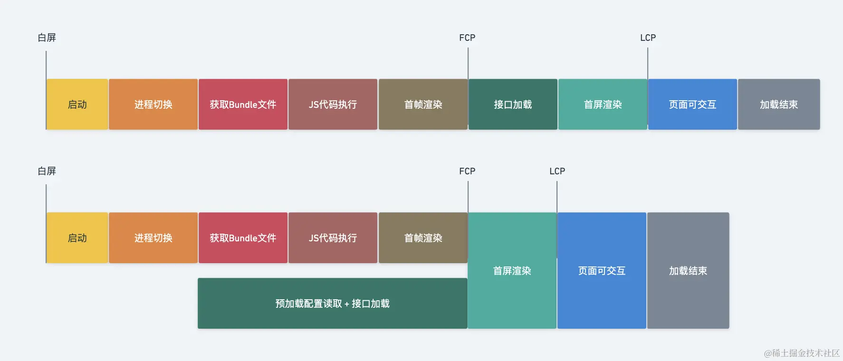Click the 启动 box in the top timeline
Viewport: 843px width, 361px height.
pyautogui.click(x=77, y=104)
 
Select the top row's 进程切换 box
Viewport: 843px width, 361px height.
pyautogui.click(x=153, y=104)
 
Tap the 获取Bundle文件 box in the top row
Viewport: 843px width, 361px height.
pyautogui.click(x=243, y=104)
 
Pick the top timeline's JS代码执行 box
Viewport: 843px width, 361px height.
pyautogui.click(x=333, y=104)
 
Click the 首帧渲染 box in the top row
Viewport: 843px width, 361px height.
pyautogui.click(x=423, y=104)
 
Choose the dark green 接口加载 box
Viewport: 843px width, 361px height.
pyautogui.click(x=513, y=104)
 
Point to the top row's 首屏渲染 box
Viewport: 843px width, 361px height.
pyautogui.click(x=603, y=104)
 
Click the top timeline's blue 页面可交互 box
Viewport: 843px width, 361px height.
pyautogui.click(x=692, y=104)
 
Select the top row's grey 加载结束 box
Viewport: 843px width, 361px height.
pyautogui.click(x=779, y=104)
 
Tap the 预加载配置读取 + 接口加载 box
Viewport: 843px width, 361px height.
pyautogui.click(x=332, y=304)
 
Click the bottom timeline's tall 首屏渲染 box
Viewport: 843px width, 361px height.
pyautogui.click(x=512, y=271)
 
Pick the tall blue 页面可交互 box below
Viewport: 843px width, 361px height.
pyautogui.click(x=602, y=271)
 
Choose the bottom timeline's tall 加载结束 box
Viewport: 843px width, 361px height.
pyautogui.click(x=688, y=271)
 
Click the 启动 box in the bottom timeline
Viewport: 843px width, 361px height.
pyautogui.click(x=77, y=238)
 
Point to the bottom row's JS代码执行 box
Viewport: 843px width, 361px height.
pyautogui.click(x=333, y=238)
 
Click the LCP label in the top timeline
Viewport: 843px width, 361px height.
pyautogui.click(x=648, y=38)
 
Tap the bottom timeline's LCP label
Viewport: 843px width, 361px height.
pyautogui.click(x=557, y=171)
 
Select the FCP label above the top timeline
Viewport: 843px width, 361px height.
pyautogui.click(x=467, y=38)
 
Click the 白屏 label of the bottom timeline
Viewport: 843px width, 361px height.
pyautogui.click(x=47, y=171)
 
